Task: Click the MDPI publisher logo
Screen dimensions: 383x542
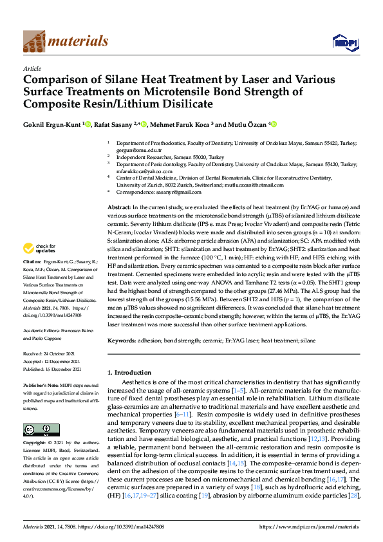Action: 344,42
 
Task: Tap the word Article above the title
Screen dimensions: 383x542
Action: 32,68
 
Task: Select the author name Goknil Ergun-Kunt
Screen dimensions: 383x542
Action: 51,124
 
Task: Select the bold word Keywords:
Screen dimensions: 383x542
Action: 122,340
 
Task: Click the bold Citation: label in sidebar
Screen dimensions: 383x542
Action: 32,281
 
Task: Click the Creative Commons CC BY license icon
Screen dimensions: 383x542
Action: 37,429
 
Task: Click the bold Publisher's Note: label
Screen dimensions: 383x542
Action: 40,384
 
